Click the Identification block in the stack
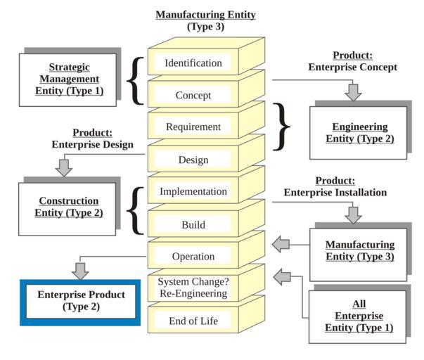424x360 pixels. click(x=193, y=63)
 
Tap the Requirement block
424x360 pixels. click(x=193, y=127)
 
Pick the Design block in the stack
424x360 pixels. click(x=193, y=160)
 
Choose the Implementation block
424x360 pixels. click(x=193, y=191)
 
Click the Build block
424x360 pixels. click(x=193, y=225)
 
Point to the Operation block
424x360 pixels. click(x=193, y=257)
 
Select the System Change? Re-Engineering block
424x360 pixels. click(x=193, y=288)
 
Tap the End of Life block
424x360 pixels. click(x=193, y=321)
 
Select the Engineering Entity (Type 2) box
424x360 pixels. click(x=359, y=133)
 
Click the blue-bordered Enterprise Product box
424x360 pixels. click(x=81, y=300)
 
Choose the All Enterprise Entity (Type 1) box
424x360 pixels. click(x=359, y=317)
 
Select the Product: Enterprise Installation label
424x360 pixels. click(x=335, y=186)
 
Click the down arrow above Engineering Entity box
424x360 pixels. click(x=354, y=91)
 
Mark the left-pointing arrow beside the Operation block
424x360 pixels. click(x=281, y=245)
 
